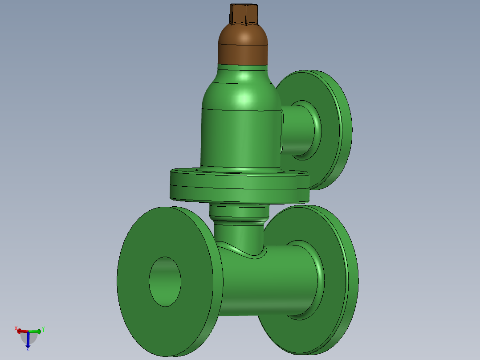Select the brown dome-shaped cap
[243, 45]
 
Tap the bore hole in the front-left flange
[165, 282]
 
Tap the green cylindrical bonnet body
[240, 138]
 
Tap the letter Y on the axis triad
[43, 330]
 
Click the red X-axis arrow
[22, 331]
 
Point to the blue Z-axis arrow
[28, 340]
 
